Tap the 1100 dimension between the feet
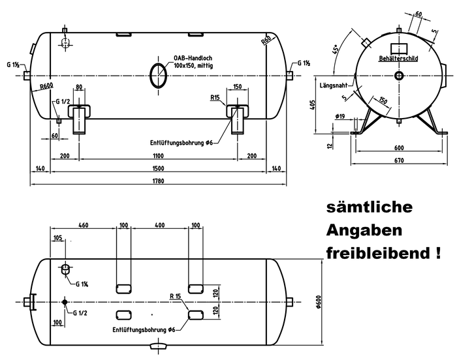point(159,157)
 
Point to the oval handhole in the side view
point(158,75)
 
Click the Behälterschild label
point(398,59)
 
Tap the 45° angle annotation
point(336,51)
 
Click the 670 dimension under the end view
point(398,159)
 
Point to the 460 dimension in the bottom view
point(83,225)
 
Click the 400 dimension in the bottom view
point(159,225)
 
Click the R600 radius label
point(46,85)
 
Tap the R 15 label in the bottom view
point(174,297)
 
